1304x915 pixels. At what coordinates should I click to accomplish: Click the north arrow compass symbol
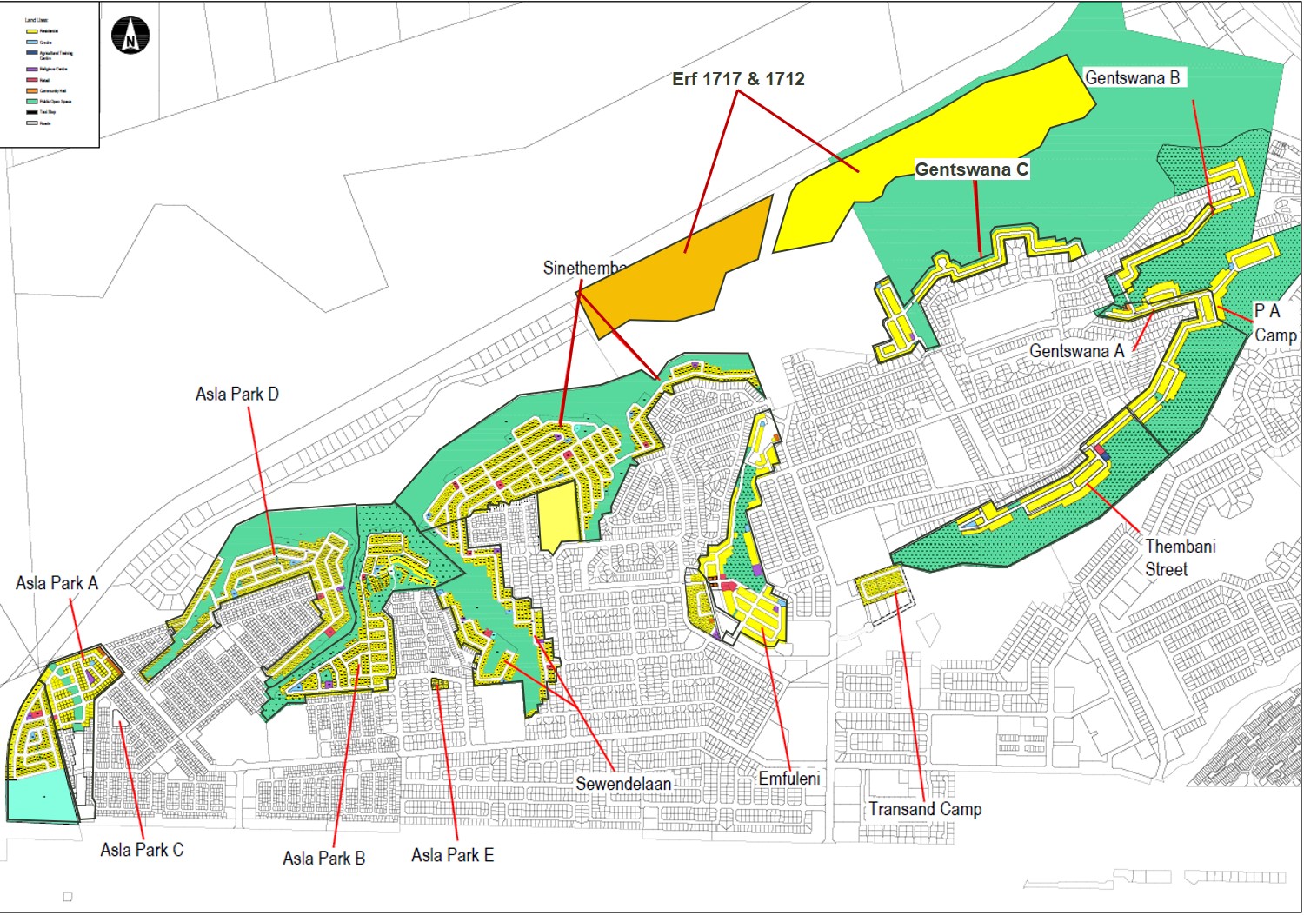click(130, 36)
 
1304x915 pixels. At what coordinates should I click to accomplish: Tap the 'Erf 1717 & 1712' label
click(738, 79)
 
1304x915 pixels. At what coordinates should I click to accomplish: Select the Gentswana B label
click(1132, 77)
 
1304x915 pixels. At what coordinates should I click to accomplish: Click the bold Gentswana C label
click(971, 169)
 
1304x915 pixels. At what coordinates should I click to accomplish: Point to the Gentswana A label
click(1076, 351)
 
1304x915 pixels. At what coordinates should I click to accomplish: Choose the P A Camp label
click(1274, 322)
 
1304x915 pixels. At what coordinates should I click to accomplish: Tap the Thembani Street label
click(1180, 558)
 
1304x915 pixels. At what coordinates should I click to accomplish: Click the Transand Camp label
click(925, 809)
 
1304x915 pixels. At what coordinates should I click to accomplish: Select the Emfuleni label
click(788, 779)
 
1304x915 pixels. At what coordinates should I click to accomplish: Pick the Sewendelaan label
click(623, 784)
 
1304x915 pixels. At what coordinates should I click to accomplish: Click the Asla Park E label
click(452, 855)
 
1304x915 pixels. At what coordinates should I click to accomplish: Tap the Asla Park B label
click(323, 859)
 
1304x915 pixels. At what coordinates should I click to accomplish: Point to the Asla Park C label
click(142, 850)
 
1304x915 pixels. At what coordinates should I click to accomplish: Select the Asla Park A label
click(57, 583)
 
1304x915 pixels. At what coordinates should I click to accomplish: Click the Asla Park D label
click(236, 395)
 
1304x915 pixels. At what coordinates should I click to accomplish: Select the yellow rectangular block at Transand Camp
click(882, 584)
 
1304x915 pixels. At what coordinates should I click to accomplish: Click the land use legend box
click(50, 74)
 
